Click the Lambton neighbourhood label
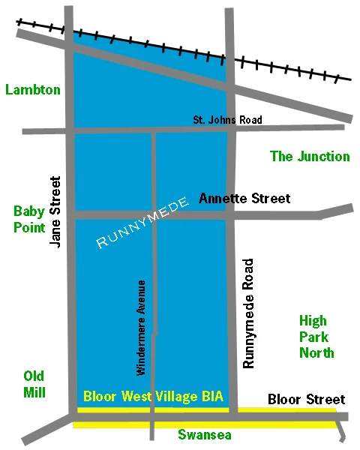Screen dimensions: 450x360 [33, 90]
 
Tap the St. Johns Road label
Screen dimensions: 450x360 [228, 120]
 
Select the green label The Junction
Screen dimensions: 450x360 [310, 156]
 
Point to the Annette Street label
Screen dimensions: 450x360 [244, 199]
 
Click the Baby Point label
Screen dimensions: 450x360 [28, 219]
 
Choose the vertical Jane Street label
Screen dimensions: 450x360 [54, 212]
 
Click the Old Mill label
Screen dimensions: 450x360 [34, 384]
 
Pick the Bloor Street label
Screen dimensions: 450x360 [306, 399]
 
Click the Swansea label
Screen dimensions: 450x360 [205, 435]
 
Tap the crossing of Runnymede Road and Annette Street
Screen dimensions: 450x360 [231, 214]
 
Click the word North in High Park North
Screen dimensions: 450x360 [316, 352]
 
